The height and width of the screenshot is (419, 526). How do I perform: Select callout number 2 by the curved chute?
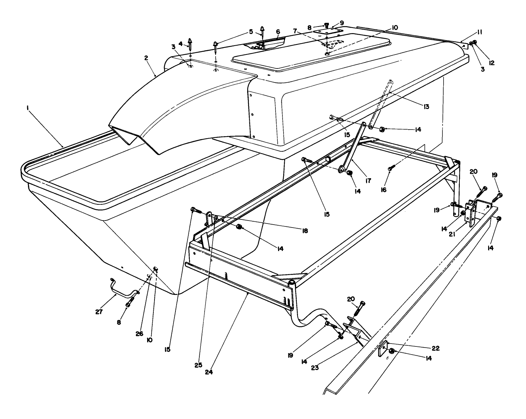pyautogui.click(x=146, y=58)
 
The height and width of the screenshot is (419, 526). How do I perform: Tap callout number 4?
pyautogui.click(x=181, y=44)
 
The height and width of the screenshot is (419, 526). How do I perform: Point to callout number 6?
pyautogui.click(x=278, y=31)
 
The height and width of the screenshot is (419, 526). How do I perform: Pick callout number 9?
pyautogui.click(x=342, y=22)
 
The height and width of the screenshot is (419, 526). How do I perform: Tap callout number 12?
pyautogui.click(x=492, y=63)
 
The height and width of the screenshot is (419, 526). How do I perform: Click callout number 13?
pyautogui.click(x=426, y=107)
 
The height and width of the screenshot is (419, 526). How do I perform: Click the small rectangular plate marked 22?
pyautogui.click(x=382, y=348)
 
